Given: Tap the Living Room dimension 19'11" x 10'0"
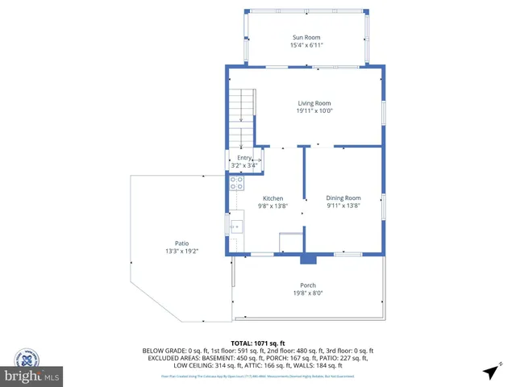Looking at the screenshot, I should (x=314, y=111).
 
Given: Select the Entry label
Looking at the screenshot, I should (x=244, y=158).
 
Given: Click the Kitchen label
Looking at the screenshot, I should (x=273, y=198).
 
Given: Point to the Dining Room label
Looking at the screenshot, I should (x=343, y=198).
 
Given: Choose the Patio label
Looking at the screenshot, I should (x=182, y=243).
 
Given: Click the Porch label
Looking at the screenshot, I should (x=308, y=285).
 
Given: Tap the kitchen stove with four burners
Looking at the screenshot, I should (x=237, y=183).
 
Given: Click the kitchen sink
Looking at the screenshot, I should (x=236, y=227).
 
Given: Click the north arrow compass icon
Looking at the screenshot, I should (x=489, y=372).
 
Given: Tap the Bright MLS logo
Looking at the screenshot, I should (x=32, y=377).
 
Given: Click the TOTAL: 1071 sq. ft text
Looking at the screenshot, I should (x=257, y=343).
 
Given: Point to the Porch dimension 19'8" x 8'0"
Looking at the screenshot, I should (x=308, y=293).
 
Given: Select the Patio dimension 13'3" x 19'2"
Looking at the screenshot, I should (x=182, y=252).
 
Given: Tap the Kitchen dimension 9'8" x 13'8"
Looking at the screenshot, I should (x=273, y=206).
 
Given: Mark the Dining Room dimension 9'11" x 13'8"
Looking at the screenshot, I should (x=343, y=206).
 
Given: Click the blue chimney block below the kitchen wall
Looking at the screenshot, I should (x=307, y=260).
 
